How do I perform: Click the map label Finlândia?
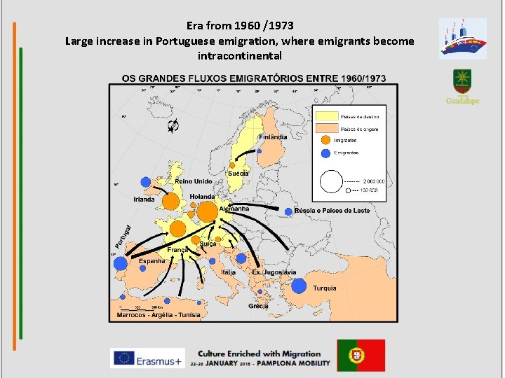pyautogui.click(x=273, y=137)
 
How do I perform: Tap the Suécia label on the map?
pyautogui.click(x=238, y=173)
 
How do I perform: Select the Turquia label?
pyautogui.click(x=324, y=288)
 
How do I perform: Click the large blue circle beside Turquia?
pyautogui.click(x=299, y=286)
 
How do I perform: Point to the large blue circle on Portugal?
pyautogui.click(x=121, y=264)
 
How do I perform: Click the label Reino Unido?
pyautogui.click(x=194, y=182)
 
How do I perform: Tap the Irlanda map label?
pyautogui.click(x=144, y=199)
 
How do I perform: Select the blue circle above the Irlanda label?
pyautogui.click(x=144, y=183)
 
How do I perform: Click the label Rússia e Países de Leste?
pyautogui.click(x=332, y=211)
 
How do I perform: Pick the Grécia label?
pyautogui.click(x=258, y=306)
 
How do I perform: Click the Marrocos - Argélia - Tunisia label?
pyautogui.click(x=158, y=315)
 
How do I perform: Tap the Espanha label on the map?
pyautogui.click(x=151, y=261)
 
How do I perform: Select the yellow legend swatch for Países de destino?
pyautogui.click(x=326, y=116)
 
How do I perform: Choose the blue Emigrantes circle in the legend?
pyautogui.click(x=325, y=153)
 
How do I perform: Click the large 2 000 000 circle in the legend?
pyautogui.click(x=331, y=181)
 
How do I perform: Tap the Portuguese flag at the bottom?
pyautogui.click(x=361, y=355)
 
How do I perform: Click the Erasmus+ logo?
pyautogui.click(x=147, y=357)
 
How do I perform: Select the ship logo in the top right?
pyautogui.click(x=462, y=38)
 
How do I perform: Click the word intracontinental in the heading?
pyautogui.click(x=240, y=55)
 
